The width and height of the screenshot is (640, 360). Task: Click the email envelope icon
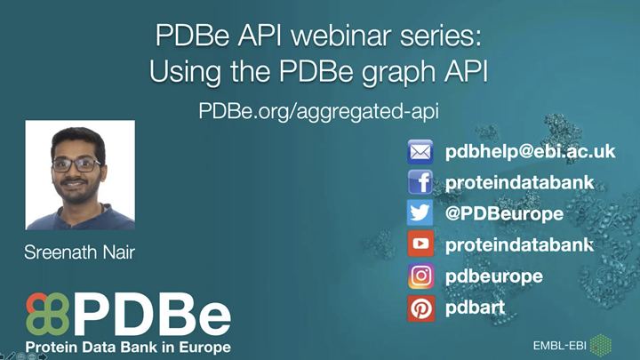click(420, 152)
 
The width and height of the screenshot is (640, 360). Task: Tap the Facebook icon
click(420, 183)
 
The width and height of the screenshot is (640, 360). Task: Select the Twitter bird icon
click(420, 214)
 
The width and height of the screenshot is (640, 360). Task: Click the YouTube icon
click(420, 244)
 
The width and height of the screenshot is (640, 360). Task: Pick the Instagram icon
click(420, 276)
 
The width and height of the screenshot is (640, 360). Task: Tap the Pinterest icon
click(420, 308)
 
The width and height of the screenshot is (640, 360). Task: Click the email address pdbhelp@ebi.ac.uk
click(530, 152)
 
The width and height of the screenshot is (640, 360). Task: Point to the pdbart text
click(476, 308)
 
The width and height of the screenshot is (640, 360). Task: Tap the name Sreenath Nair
click(80, 253)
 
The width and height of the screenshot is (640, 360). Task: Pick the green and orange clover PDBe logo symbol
click(47, 313)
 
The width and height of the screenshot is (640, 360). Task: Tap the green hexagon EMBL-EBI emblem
click(602, 344)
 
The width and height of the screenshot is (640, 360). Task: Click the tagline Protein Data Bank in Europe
click(128, 346)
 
